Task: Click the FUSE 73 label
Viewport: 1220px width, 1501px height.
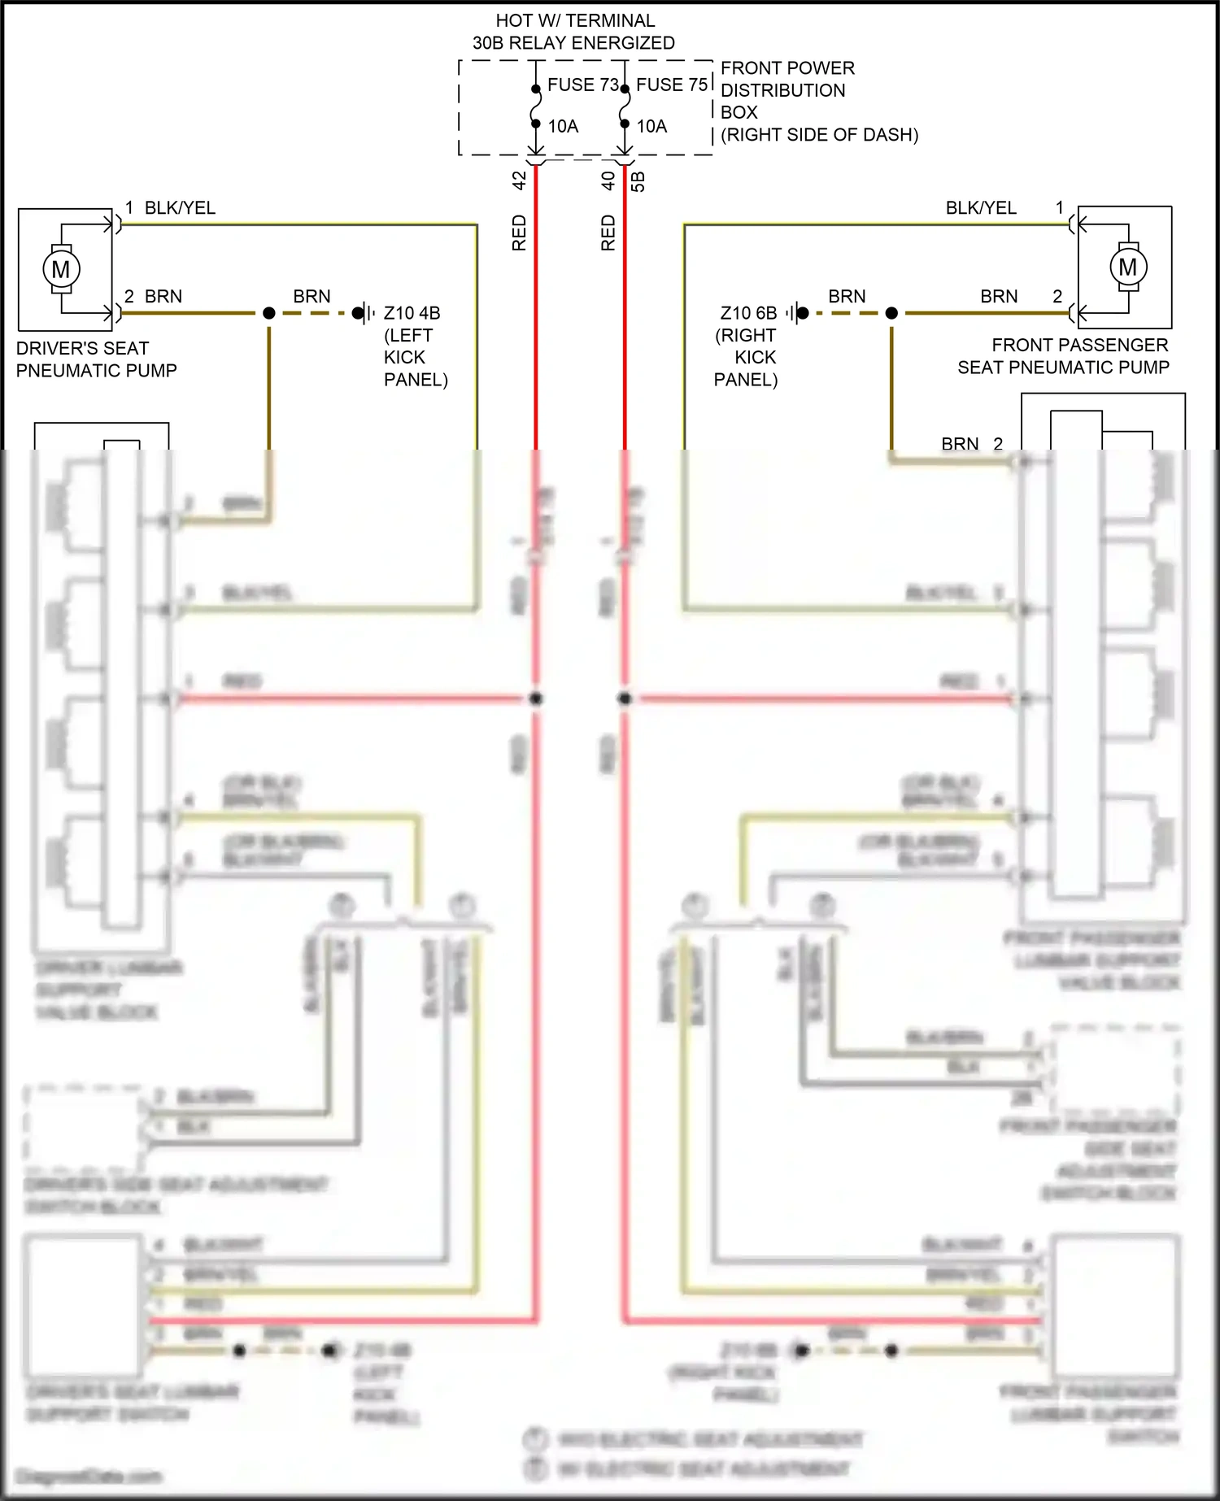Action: (x=582, y=85)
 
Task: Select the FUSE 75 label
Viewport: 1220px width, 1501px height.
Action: (x=672, y=85)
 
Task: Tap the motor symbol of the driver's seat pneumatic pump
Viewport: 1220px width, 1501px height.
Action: (x=61, y=269)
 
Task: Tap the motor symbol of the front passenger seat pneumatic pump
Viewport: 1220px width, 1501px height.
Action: (x=1127, y=267)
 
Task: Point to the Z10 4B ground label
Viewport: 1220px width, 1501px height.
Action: (x=412, y=313)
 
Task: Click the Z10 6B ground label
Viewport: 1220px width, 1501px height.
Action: (x=748, y=313)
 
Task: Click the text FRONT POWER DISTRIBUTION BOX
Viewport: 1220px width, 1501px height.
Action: (x=787, y=90)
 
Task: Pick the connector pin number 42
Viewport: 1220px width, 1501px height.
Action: (x=520, y=181)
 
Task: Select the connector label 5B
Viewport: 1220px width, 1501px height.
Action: (x=638, y=181)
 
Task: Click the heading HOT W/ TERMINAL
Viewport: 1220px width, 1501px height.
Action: (x=574, y=21)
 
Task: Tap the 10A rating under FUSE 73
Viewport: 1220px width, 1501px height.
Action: (x=563, y=126)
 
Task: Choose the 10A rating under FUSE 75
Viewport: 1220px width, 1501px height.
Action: (x=651, y=126)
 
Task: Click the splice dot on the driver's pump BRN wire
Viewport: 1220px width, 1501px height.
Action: (x=269, y=313)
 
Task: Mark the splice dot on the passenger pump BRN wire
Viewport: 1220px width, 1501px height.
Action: (x=891, y=313)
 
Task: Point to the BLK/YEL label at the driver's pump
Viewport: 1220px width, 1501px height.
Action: (x=180, y=208)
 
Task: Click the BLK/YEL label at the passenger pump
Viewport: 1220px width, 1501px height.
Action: (x=980, y=208)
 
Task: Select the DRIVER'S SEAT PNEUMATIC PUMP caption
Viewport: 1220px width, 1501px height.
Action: (x=96, y=359)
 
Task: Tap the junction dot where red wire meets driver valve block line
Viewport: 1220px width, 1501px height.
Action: (x=536, y=698)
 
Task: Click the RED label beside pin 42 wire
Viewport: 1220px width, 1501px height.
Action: (x=520, y=233)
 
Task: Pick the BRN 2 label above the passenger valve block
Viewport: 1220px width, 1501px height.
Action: (x=971, y=444)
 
